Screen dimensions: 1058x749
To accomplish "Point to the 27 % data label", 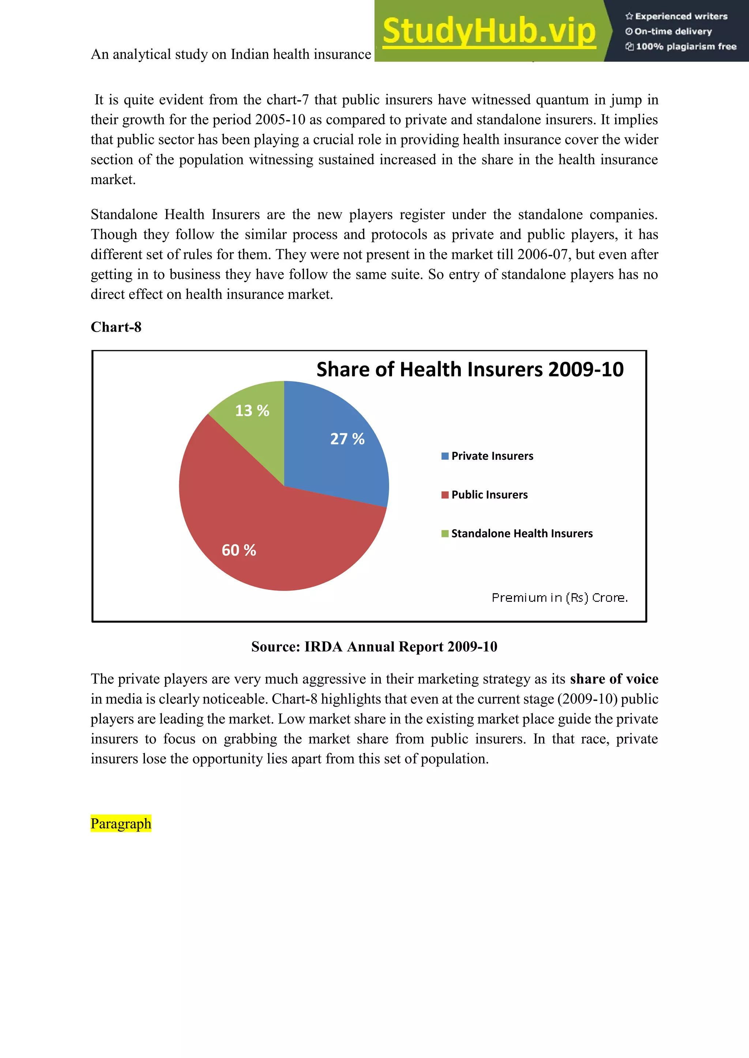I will coord(347,439).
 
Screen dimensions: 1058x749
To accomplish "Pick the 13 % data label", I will coord(252,410).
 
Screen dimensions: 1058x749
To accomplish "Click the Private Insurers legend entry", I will coord(492,456).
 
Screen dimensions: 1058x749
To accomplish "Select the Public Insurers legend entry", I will coord(489,495).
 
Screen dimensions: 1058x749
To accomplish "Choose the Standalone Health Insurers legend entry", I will coord(521,534).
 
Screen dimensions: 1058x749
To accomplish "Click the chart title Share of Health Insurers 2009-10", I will coord(470,369).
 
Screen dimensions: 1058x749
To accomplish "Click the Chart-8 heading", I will coord(116,327).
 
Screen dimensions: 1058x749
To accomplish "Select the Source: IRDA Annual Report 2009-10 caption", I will coord(374,646).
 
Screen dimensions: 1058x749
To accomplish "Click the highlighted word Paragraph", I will coord(121,823).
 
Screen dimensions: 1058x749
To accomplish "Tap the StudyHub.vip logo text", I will coord(489,31).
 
